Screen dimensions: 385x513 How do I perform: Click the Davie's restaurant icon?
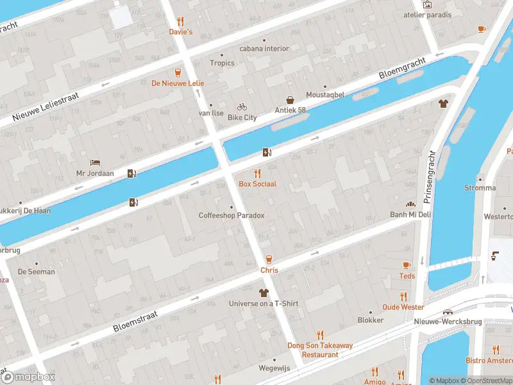pyautogui.click(x=180, y=21)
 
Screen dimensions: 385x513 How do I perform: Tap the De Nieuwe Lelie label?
pyautogui.click(x=177, y=83)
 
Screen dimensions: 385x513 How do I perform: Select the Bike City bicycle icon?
pyautogui.click(x=242, y=107)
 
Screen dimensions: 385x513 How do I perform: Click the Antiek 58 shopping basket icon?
pyautogui.click(x=290, y=100)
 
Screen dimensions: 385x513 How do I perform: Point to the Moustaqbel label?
pyautogui.click(x=324, y=95)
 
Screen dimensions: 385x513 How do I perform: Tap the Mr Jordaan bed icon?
pyautogui.click(x=95, y=162)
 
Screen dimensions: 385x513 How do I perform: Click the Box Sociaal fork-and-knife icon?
pyautogui.click(x=257, y=173)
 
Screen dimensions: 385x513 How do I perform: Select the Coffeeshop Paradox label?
pyautogui.click(x=231, y=216)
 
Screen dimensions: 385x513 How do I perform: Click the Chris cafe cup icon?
pyautogui.click(x=269, y=259)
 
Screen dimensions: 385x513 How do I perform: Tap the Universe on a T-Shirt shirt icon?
pyautogui.click(x=263, y=293)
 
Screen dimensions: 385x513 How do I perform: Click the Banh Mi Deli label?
pyautogui.click(x=410, y=214)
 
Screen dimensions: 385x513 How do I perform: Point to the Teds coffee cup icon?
pyautogui.click(x=407, y=265)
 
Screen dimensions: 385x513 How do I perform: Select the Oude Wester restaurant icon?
pyautogui.click(x=403, y=296)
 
